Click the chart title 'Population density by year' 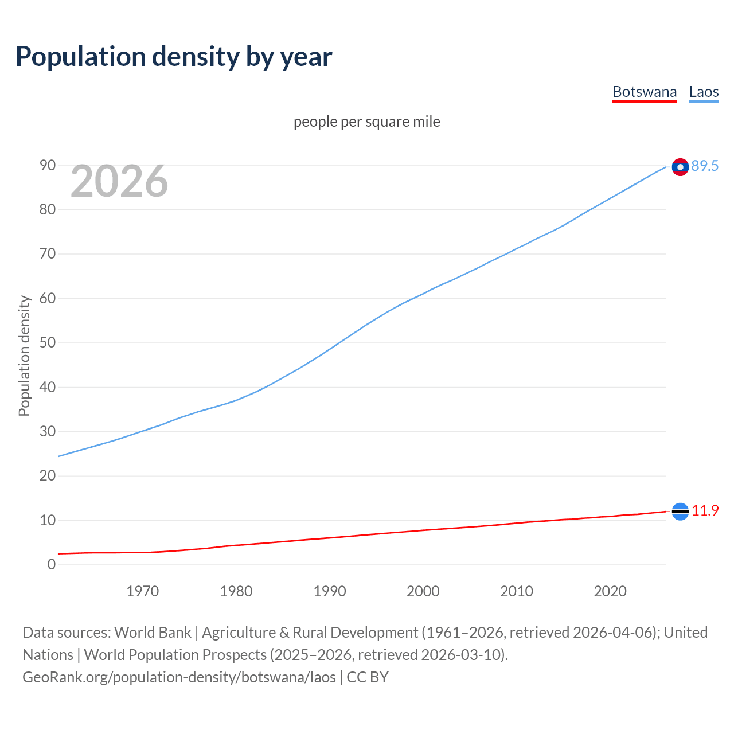coord(174,57)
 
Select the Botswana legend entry coord(645,92)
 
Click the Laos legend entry coord(704,92)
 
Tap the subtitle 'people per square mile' coord(366,122)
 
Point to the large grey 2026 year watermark coord(119,181)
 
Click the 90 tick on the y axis coord(48,165)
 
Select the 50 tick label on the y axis coord(48,343)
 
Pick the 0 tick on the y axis coord(52,564)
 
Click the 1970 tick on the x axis coord(142,591)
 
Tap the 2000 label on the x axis coord(423,591)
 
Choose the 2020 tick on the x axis coord(610,591)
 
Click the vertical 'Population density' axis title coord(24,356)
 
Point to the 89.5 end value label coord(705,166)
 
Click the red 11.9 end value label coord(705,510)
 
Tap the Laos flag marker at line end coord(680,167)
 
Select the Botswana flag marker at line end coord(680,511)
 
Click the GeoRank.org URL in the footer coord(179,677)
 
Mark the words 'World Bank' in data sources coord(153,633)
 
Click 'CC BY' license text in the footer coord(368,677)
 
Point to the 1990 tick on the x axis coord(329,591)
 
